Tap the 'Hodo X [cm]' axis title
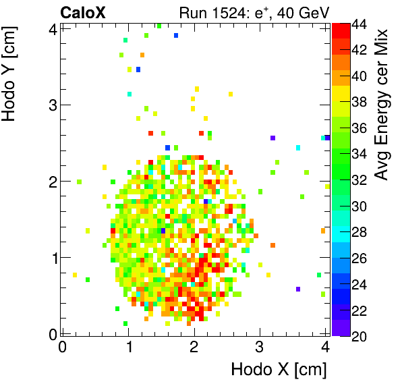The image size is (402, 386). click(279, 370)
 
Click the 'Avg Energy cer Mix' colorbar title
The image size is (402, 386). click(382, 105)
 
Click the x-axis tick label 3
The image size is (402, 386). click(260, 348)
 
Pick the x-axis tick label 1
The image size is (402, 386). click(128, 348)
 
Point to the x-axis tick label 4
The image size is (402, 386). click(325, 348)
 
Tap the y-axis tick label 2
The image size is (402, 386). click(51, 181)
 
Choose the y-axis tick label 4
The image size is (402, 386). click(51, 29)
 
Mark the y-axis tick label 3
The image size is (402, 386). click(51, 105)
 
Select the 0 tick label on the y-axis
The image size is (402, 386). click(51, 333)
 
